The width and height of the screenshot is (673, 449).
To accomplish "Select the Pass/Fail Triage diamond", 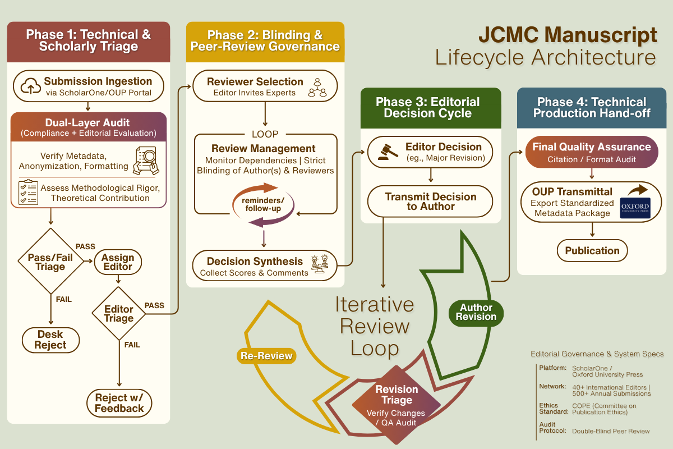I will point(50,262).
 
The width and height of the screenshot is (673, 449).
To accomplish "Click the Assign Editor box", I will point(118,262).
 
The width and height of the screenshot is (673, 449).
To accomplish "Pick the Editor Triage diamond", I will point(119,314).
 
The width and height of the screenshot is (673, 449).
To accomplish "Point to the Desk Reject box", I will point(50,340).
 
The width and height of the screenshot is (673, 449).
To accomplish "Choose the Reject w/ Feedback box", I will point(119,403).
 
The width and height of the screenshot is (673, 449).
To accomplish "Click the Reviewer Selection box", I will point(265,87).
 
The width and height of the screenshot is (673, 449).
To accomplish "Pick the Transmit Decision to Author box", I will point(430,201).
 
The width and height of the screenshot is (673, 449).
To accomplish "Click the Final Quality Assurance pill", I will point(592,152).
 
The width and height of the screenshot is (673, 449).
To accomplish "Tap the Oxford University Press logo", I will point(635,207).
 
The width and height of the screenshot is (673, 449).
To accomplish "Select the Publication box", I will point(592,251).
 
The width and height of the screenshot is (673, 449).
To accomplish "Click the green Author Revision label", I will point(476,312).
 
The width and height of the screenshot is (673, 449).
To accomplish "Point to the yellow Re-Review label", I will point(266,356).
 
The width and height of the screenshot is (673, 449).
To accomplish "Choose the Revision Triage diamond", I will point(397,404).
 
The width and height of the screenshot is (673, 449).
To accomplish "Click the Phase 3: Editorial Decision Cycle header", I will point(430,107).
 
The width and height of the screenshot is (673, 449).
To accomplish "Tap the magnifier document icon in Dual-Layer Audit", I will point(146,159).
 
